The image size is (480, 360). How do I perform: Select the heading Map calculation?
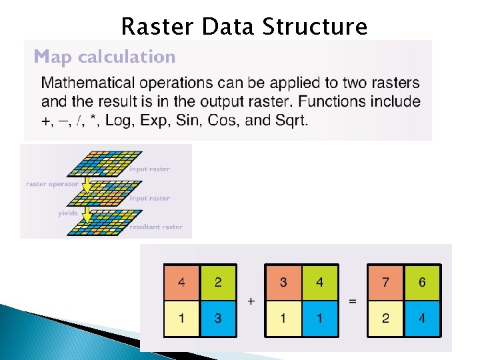coord(105,57)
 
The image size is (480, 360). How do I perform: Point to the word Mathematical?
coord(87,83)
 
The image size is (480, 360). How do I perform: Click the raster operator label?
coord(52,183)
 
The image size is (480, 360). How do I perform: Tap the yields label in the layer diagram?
coord(68,213)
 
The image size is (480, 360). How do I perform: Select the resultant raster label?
coord(155,227)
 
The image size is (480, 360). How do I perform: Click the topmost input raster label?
coord(149,169)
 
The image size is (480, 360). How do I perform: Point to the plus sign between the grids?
coord(251,301)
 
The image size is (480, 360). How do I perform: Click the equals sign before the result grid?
coord(353,301)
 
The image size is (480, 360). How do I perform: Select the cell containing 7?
coord(385,283)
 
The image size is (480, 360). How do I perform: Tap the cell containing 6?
coord(422,283)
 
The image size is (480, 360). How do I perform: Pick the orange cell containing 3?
coord(283,283)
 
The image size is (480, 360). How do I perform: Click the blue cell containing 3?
coord(219,318)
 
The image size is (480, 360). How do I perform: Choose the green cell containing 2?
coord(219,283)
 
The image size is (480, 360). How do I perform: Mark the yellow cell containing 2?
coord(385,318)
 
